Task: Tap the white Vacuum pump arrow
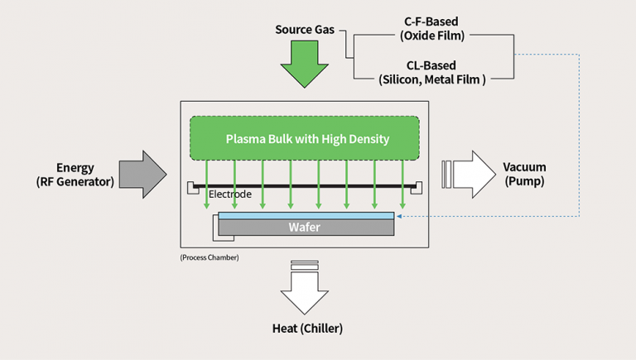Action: click(470, 174)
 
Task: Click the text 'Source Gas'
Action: click(305, 30)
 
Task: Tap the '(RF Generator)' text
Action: click(75, 181)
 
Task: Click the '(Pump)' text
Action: click(524, 181)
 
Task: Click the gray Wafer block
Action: click(306, 226)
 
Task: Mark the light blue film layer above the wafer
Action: click(306, 215)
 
